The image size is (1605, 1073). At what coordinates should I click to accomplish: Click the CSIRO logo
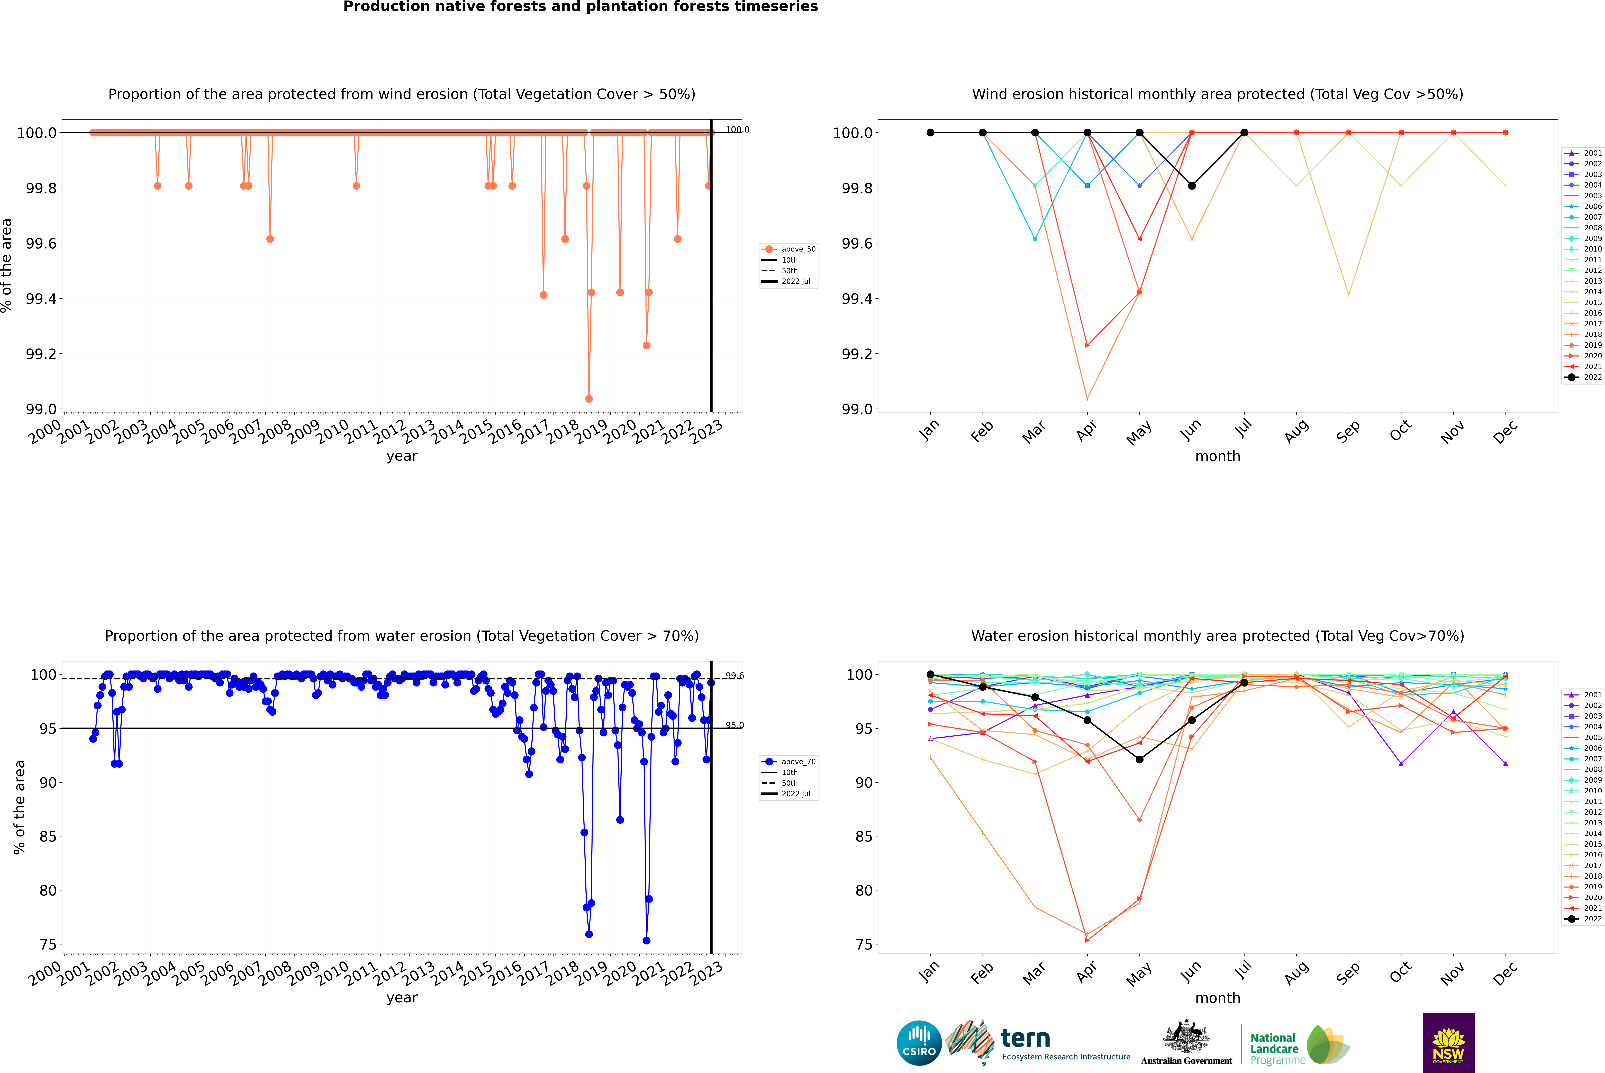pyautogui.click(x=919, y=1043)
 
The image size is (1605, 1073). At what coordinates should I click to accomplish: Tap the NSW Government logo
pyautogui.click(x=1448, y=1043)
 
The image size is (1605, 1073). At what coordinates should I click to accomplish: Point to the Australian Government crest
pyautogui.click(x=1186, y=1037)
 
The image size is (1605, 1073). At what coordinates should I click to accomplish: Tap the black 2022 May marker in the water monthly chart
pyautogui.click(x=1139, y=760)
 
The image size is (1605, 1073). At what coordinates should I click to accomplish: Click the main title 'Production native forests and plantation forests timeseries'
pyautogui.click(x=580, y=7)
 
